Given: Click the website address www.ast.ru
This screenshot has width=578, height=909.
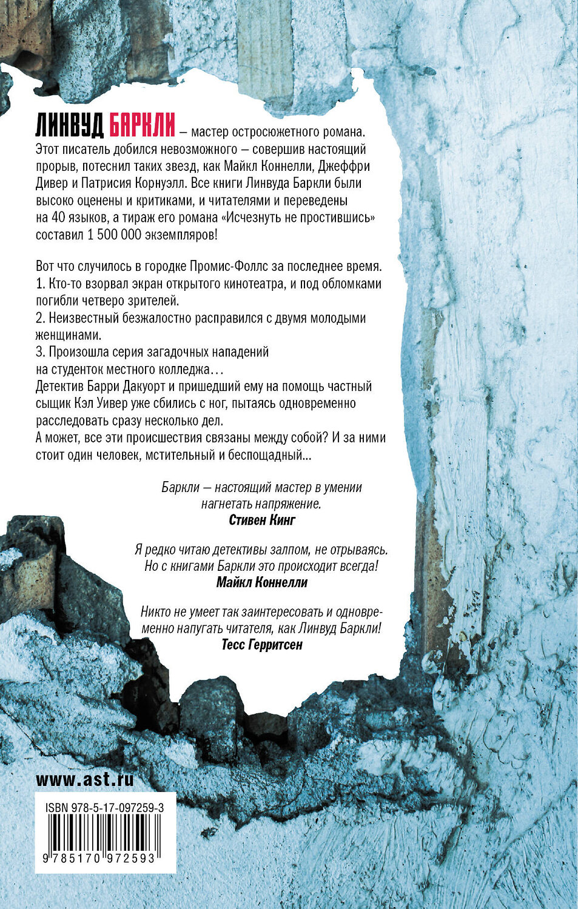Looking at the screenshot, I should click(85, 779).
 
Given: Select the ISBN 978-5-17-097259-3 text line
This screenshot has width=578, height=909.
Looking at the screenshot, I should click(105, 808).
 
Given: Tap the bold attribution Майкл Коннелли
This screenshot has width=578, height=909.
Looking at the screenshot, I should click(262, 582).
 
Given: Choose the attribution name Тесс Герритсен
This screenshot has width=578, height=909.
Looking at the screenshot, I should click(262, 645).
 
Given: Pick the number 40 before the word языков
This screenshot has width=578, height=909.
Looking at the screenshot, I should click(58, 218).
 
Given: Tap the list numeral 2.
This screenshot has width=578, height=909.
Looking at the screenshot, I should click(39, 318).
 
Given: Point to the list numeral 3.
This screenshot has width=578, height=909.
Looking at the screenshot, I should click(39, 351).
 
